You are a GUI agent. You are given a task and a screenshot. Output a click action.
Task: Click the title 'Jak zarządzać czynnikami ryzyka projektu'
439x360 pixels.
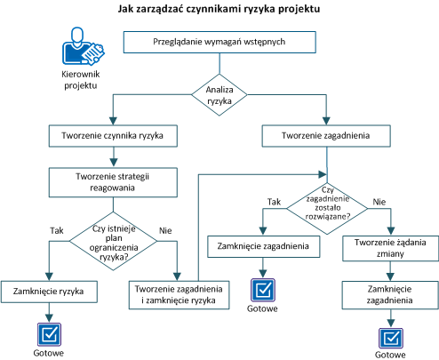click(219, 10)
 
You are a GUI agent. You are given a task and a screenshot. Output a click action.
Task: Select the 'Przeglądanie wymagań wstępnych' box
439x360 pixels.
click(219, 43)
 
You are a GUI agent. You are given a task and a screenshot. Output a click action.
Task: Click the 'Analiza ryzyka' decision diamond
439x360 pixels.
click(219, 95)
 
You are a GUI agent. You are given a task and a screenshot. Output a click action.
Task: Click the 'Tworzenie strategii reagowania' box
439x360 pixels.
click(110, 181)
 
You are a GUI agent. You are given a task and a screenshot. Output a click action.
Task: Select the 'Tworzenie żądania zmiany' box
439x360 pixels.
click(387, 248)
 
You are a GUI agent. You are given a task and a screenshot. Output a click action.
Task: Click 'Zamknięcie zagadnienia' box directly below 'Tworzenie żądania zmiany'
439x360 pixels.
click(387, 296)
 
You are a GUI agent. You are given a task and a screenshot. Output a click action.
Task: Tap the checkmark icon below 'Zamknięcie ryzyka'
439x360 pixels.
click(48, 333)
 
